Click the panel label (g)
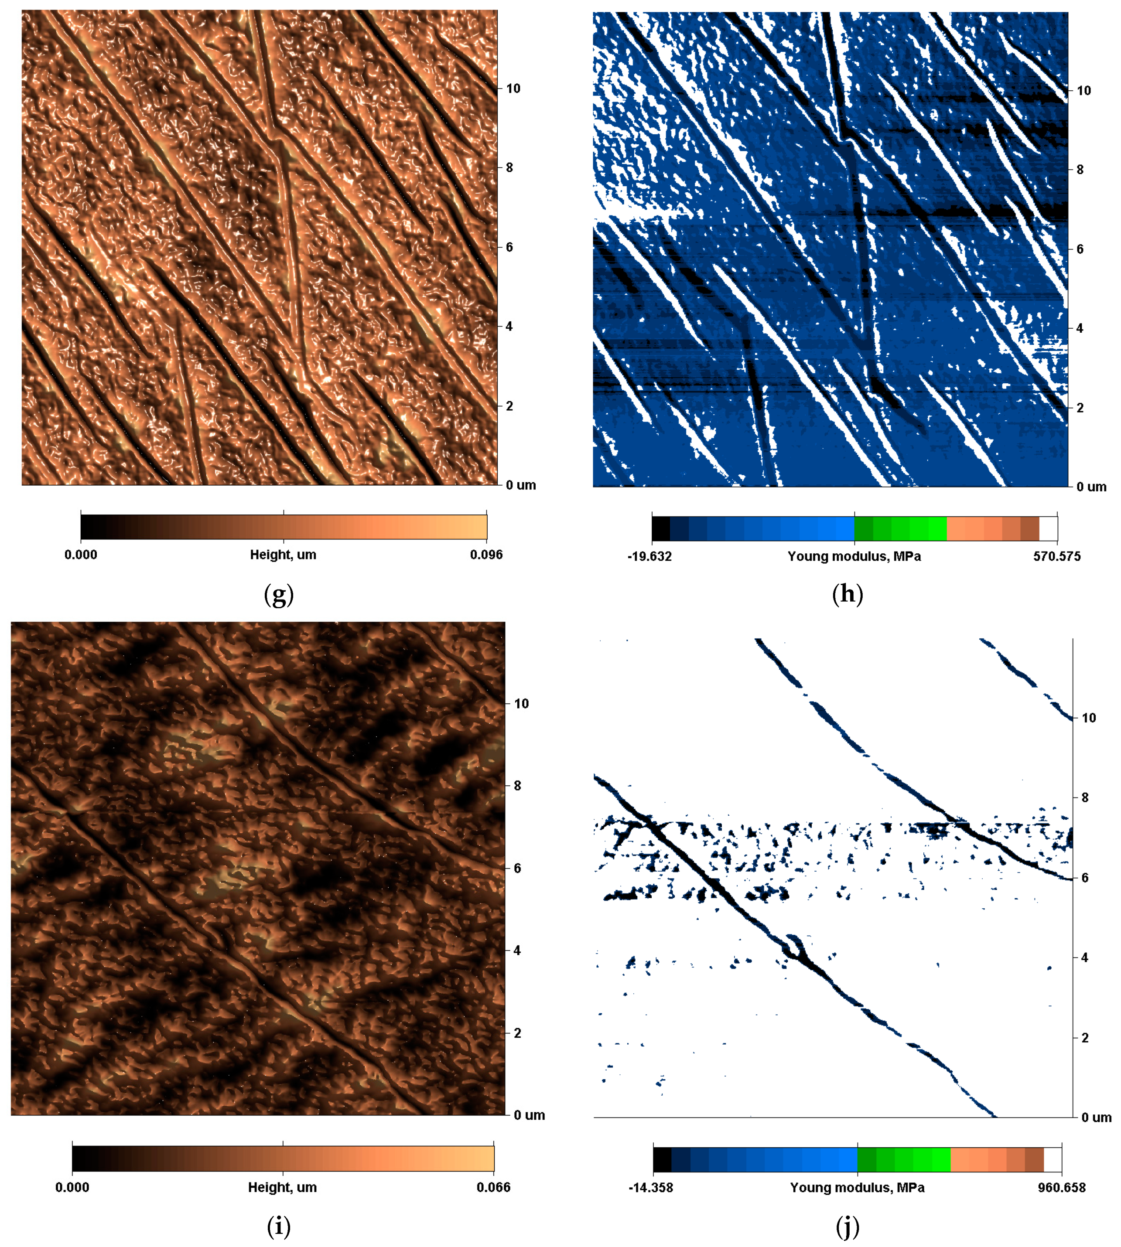coord(278,594)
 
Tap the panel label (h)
coord(848,594)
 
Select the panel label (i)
coord(278,1227)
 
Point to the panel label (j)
coord(848,1227)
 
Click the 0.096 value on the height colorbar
coord(486,555)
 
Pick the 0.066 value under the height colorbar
coord(493,1187)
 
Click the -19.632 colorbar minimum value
coord(649,557)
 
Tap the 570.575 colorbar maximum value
coord(1057,557)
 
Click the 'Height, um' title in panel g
coord(283,555)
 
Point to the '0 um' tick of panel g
coord(520,485)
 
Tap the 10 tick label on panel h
coord(1083,91)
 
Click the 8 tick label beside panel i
coord(517,786)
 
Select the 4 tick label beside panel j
coord(1085,957)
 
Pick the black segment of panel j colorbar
coord(662,1159)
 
